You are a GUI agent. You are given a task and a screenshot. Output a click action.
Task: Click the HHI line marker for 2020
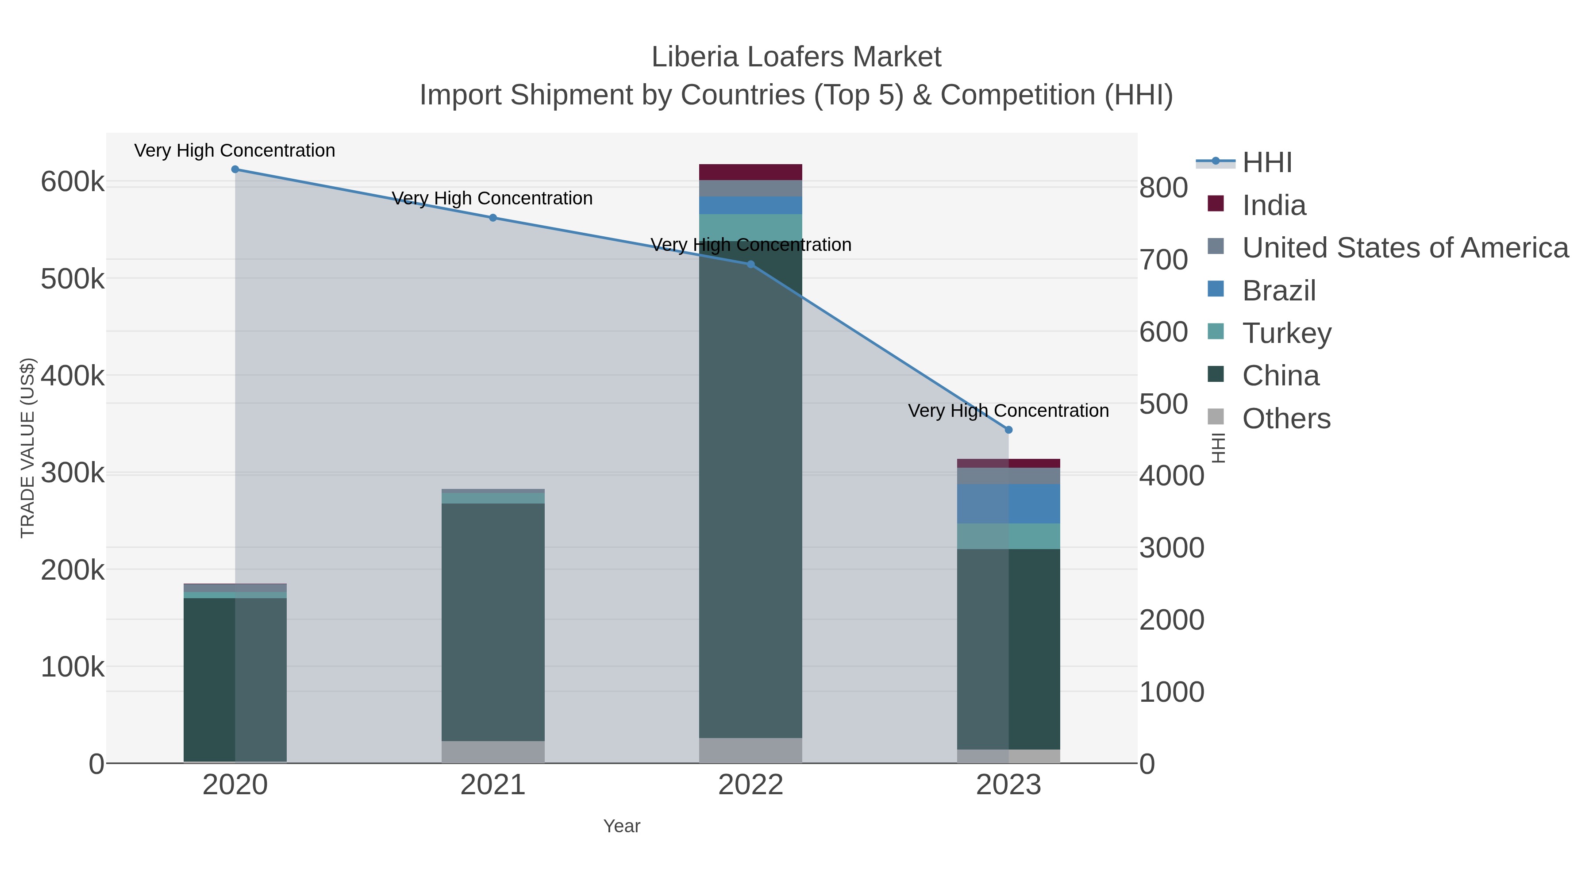coord(235,169)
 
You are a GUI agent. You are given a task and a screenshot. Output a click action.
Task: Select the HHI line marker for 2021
coord(493,218)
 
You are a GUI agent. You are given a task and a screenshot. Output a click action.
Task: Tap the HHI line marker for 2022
coord(751,264)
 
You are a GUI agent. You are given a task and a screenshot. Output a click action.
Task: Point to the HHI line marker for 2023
coord(1008,430)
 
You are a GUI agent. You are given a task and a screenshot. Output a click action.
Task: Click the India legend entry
coord(1274,205)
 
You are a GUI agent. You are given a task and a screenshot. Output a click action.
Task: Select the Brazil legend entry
coord(1279,291)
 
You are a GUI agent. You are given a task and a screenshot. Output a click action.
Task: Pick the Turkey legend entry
coord(1286,333)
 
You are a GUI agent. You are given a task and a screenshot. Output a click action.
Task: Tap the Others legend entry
coord(1286,419)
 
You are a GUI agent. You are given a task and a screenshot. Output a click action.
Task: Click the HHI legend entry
coord(1266,163)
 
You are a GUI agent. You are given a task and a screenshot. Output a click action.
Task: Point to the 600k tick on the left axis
coord(73,182)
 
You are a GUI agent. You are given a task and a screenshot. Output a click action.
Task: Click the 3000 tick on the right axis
coord(1171,548)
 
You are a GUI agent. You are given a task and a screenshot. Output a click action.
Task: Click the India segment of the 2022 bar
coord(751,172)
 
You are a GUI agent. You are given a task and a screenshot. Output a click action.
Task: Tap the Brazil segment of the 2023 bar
coord(1008,504)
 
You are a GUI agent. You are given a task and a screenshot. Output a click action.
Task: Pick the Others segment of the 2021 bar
coord(493,752)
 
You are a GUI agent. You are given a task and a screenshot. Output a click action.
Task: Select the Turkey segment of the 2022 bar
coord(751,227)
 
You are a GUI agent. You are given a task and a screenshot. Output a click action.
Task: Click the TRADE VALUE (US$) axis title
coord(28,448)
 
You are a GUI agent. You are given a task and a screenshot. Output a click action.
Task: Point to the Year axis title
coord(622,826)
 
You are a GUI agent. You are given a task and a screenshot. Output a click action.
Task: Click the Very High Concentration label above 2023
coord(1008,411)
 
